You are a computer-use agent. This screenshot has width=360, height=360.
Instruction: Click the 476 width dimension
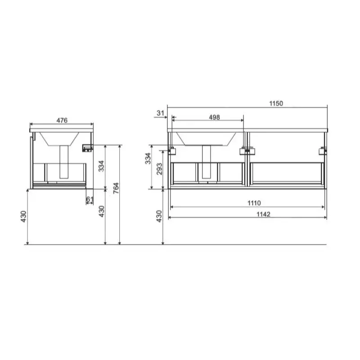pos(62,120)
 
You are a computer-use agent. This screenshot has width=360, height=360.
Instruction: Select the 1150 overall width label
pos(276,103)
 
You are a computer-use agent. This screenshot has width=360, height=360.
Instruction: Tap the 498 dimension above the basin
pos(214,117)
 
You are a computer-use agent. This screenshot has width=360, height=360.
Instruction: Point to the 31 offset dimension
pos(161,113)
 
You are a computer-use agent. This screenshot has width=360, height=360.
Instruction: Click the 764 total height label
pos(116,188)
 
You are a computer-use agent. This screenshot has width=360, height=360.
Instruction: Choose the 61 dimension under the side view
pos(90,199)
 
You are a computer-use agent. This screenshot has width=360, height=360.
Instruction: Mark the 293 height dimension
pos(159,169)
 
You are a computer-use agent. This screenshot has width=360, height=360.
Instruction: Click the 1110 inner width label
pos(254,203)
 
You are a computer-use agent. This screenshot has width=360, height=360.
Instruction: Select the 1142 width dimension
pos(263,214)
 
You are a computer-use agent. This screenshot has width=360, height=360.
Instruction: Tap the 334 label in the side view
pos(101,166)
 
